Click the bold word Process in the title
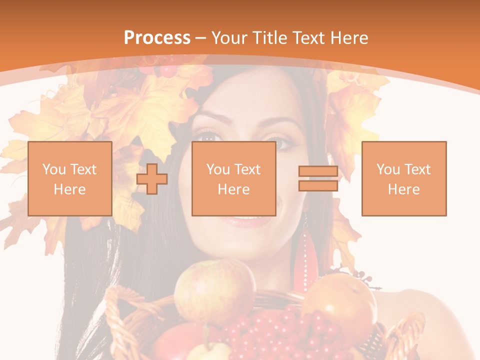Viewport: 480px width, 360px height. tap(157, 38)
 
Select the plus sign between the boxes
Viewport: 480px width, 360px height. tap(152, 178)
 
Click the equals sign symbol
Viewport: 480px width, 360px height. tap(318, 178)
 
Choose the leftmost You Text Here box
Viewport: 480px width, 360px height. tap(70, 178)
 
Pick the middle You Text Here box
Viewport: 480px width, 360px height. tap(234, 178)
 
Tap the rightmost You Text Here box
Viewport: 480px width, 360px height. tap(404, 178)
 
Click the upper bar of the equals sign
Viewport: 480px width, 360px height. tap(318, 171)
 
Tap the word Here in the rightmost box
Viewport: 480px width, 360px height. tap(404, 189)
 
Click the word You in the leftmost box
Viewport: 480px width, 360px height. tap(54, 169)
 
